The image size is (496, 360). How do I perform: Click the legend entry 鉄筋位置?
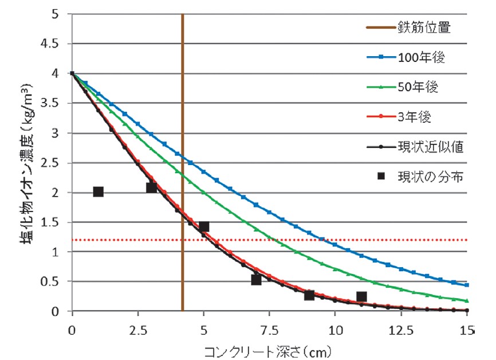tap(423, 28)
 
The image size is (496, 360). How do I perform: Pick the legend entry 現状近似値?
tap(430, 147)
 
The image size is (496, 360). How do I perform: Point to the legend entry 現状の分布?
tap(430, 177)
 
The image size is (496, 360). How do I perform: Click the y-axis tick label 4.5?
tap(56, 44)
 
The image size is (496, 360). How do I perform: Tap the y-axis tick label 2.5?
tap(56, 163)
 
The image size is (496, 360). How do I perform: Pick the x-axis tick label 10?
tap(335, 330)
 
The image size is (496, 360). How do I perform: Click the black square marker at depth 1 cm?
tap(98, 191)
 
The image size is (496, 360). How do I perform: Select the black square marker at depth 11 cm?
tap(361, 297)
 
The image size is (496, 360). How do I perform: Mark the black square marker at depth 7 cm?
tap(256, 280)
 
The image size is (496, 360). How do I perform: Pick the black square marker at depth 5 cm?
tap(203, 226)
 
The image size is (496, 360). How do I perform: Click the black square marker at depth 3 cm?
tap(151, 187)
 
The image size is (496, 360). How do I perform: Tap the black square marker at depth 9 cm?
tap(309, 295)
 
